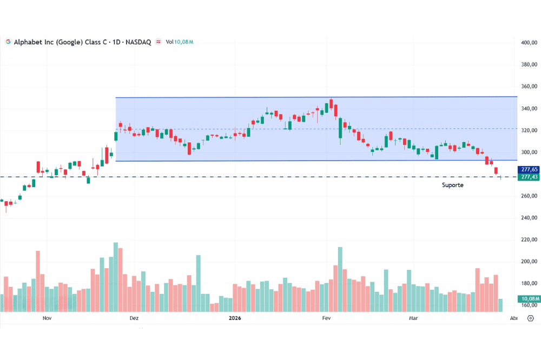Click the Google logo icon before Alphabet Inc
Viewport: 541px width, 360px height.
tap(8, 42)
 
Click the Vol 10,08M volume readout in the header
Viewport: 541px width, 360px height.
tap(180, 42)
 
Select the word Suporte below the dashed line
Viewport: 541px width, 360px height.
tap(452, 185)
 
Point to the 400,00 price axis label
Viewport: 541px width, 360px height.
tap(529, 43)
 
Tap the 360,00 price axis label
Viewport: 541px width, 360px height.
tap(529, 86)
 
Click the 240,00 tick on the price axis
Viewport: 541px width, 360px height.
tap(529, 218)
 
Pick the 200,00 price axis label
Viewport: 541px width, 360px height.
tap(529, 262)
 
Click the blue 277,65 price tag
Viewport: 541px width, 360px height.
tap(528, 170)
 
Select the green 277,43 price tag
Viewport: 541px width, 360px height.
tap(528, 177)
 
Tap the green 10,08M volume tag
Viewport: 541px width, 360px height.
tap(528, 298)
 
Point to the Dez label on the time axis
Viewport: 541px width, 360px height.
tap(134, 318)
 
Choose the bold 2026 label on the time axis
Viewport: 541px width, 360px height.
tap(235, 318)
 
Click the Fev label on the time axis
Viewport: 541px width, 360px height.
tap(326, 318)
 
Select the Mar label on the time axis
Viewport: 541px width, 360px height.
tap(413, 318)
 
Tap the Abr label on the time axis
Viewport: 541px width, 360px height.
tap(513, 318)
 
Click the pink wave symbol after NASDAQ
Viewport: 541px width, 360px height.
tap(159, 42)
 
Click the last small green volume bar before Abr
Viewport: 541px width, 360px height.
tap(500, 305)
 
